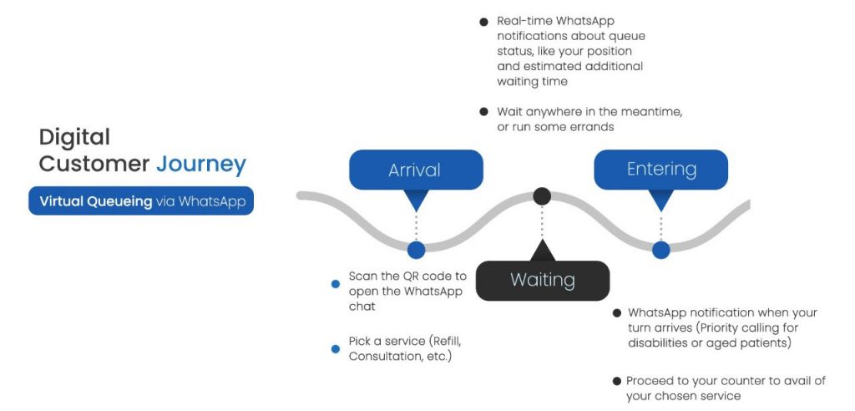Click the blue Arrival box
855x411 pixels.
[x=415, y=170]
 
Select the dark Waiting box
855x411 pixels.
[x=542, y=280]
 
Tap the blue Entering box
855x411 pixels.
[x=660, y=170]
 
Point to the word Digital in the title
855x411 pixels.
[x=74, y=137]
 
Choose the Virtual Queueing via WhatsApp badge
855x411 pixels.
[x=140, y=201]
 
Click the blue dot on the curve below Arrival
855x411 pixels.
[x=416, y=249]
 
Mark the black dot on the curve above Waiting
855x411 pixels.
[x=542, y=196]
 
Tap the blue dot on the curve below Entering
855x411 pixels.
[x=660, y=249]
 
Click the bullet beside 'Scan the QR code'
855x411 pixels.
[x=336, y=284]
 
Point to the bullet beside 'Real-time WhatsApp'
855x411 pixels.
[x=483, y=22]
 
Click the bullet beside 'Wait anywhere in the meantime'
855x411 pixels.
[x=483, y=111]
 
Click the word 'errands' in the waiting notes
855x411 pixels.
[x=592, y=126]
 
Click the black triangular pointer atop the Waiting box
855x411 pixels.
[x=542, y=251]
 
